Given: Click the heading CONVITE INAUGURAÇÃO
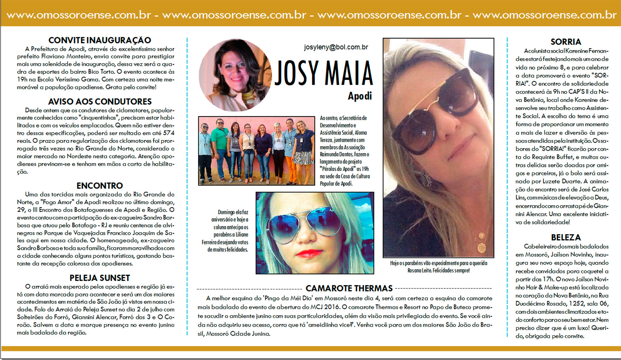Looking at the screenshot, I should (x=99, y=40).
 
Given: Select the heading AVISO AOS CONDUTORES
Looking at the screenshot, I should (x=100, y=102).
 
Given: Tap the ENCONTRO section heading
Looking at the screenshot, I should (x=99, y=186).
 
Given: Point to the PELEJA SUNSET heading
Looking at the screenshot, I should (x=100, y=278).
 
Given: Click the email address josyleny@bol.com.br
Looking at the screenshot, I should (x=336, y=47).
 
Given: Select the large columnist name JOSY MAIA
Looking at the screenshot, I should (x=324, y=73).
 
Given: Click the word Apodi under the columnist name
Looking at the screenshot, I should (x=359, y=96).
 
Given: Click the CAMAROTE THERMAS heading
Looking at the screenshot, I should (x=349, y=289).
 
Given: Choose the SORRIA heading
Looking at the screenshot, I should (x=565, y=42).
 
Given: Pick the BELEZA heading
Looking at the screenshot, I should (x=565, y=238).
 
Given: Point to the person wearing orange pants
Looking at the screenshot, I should (x=291, y=152).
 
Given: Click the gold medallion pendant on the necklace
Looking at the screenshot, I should (x=480, y=247).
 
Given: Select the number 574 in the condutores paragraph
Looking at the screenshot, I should (x=169, y=133).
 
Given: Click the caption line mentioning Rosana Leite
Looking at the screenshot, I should (x=438, y=271).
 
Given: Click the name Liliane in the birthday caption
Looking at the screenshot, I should (x=242, y=235).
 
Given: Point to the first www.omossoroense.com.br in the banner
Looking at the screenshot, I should (x=79, y=15).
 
